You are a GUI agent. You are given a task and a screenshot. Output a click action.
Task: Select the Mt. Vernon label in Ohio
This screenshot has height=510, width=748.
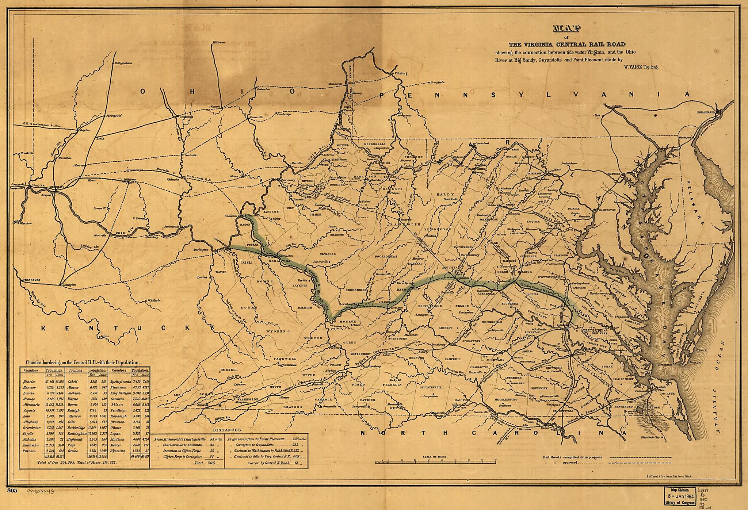(218, 42)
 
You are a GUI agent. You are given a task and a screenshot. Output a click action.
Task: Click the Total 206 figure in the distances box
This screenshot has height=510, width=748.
(205, 463)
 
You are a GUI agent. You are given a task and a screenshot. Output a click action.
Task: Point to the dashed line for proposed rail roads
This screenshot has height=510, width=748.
(643, 463)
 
